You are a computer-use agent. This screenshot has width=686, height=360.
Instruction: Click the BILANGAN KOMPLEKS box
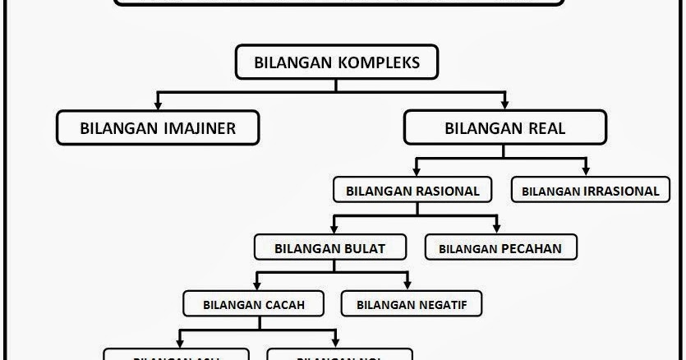click(x=338, y=62)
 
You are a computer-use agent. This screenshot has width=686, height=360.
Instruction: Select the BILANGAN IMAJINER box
click(x=158, y=127)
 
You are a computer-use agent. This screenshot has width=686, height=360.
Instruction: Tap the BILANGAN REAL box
click(x=504, y=127)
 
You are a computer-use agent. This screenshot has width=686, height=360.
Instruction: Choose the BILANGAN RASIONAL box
click(x=412, y=191)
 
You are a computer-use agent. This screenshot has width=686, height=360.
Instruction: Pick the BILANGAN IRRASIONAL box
click(x=590, y=191)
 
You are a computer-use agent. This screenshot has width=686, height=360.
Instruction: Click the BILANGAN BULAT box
click(x=331, y=247)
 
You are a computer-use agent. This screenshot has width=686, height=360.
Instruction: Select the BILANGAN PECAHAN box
click(x=501, y=247)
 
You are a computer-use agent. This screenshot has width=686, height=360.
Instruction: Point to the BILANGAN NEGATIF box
click(x=411, y=304)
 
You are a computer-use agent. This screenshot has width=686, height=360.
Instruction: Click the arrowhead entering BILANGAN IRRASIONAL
click(x=587, y=170)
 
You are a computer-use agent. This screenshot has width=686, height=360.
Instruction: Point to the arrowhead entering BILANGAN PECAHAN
click(x=497, y=227)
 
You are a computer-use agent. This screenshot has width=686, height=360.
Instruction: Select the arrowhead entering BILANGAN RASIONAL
click(x=417, y=170)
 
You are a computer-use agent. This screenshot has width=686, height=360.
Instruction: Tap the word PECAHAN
click(x=532, y=247)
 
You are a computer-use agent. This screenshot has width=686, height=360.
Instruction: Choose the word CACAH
click(x=284, y=304)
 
